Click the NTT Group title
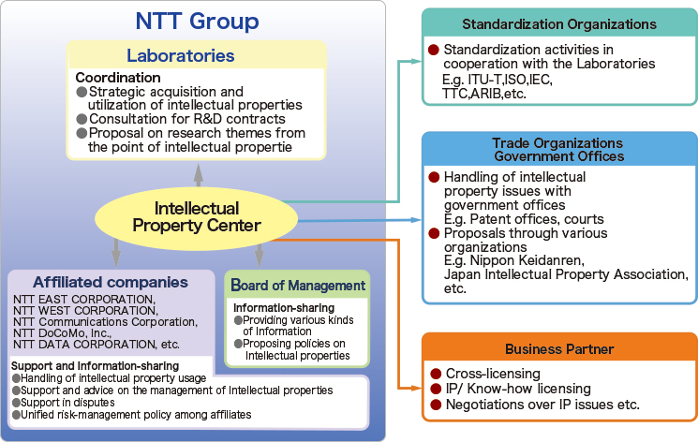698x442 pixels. pos(197,22)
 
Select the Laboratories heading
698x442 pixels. pos(180,55)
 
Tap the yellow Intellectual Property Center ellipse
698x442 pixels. pos(197,217)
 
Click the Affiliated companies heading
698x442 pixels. pos(111,282)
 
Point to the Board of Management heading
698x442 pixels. pos(298,285)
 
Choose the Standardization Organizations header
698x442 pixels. pos(559,24)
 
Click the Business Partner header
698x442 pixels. pos(559,349)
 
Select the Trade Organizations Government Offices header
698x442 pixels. pos(559,150)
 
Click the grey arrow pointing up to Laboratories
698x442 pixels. pos(199,175)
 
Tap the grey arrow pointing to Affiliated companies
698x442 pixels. pos(116,253)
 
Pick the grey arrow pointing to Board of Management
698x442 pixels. pos(260,256)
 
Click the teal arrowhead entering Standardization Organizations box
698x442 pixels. pos(416,62)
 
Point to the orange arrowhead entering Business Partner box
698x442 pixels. pos(416,388)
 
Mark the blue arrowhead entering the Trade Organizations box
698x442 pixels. pos(416,220)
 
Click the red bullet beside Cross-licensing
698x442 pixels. pos(436,374)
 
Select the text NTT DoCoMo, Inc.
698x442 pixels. pos(62,333)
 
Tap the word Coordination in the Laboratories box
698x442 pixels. pos(118,78)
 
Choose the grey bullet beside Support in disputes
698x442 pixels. pos(17,403)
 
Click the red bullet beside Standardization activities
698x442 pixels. pos(434,50)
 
